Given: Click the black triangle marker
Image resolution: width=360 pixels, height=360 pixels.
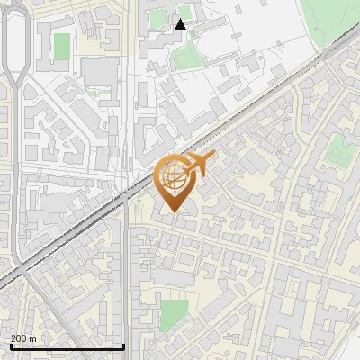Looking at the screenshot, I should point(181,24).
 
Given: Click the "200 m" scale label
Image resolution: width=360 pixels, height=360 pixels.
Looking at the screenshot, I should point(23,338).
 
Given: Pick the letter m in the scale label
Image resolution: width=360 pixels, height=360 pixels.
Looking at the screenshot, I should point(33,338).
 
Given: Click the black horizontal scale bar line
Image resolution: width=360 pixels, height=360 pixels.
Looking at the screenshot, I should point(67,346).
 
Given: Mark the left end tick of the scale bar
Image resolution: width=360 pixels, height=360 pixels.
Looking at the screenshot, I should point(10,345).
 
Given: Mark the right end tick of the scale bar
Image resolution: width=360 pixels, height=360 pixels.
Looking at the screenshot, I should point(123,345).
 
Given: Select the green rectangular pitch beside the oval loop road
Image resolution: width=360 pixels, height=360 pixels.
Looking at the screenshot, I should point(62,46).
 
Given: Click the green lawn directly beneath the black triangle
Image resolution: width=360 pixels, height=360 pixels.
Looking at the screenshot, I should point(185,57).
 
